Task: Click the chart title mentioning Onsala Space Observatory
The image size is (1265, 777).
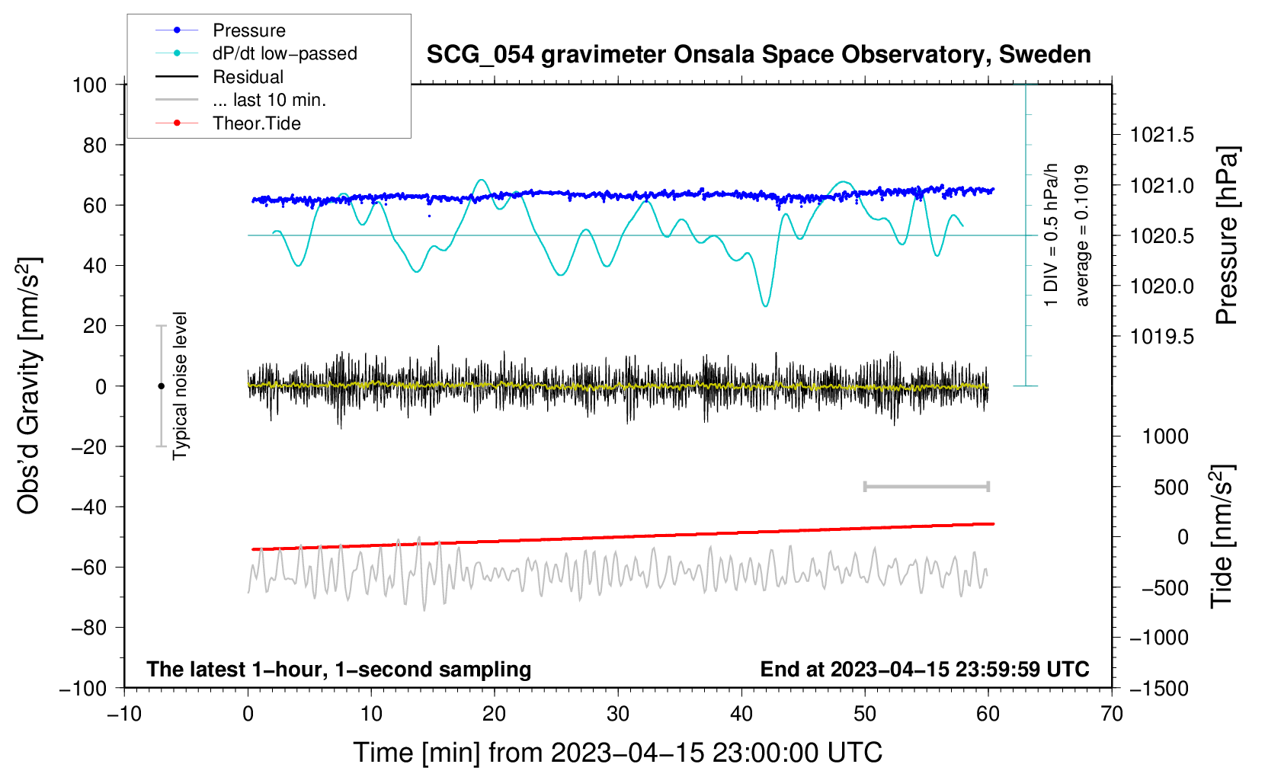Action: point(758,55)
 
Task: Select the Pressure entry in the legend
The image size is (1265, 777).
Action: point(220,30)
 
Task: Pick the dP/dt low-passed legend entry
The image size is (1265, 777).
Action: point(256,53)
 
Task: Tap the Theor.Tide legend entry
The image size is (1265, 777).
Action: point(228,123)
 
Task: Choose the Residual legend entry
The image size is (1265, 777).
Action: point(219,77)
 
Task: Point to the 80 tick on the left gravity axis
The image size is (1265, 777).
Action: point(94,145)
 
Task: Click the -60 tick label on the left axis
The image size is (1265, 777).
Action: point(88,567)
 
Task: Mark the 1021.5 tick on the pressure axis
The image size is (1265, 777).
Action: point(1161,135)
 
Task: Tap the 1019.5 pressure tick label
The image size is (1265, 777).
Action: point(1161,337)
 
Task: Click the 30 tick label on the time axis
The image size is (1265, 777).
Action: point(618,714)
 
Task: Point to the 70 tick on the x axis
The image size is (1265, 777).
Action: point(1111,714)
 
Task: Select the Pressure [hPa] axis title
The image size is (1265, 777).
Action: point(1226,235)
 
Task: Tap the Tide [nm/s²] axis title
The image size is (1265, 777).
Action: point(1222,536)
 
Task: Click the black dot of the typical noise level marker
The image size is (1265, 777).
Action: point(161,386)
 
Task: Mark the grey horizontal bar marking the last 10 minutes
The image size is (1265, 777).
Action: point(926,486)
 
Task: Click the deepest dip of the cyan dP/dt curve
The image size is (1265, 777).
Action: point(765,305)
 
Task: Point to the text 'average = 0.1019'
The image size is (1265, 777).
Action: point(1081,235)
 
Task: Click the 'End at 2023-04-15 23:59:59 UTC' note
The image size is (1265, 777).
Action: point(924,669)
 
